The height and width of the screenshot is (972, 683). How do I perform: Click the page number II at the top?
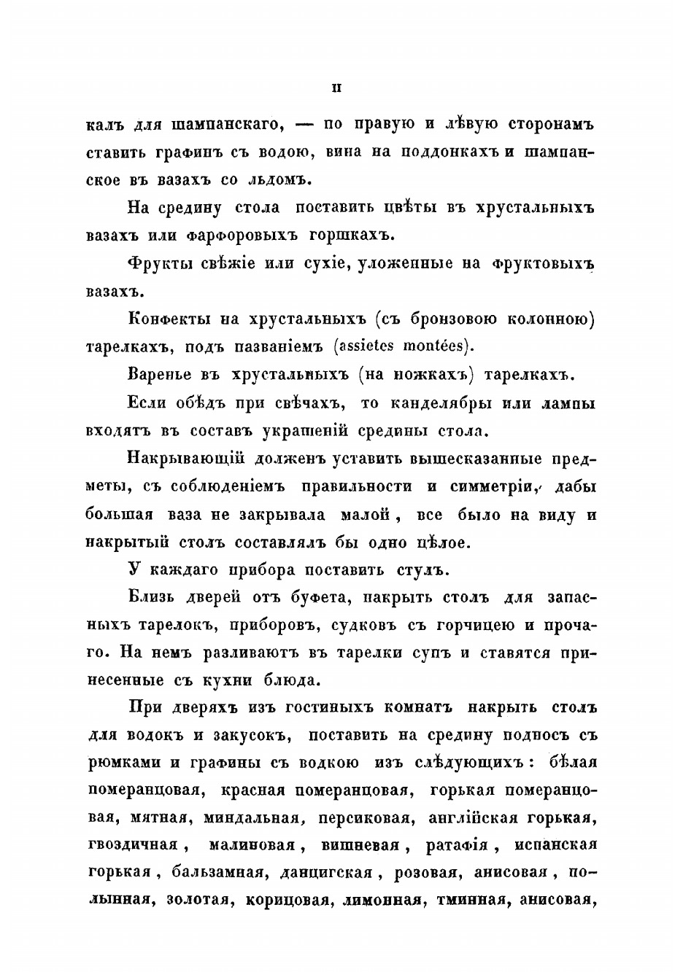[336, 89]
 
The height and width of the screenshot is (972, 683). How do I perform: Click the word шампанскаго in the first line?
[227, 123]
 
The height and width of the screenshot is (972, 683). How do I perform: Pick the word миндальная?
[254, 818]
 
